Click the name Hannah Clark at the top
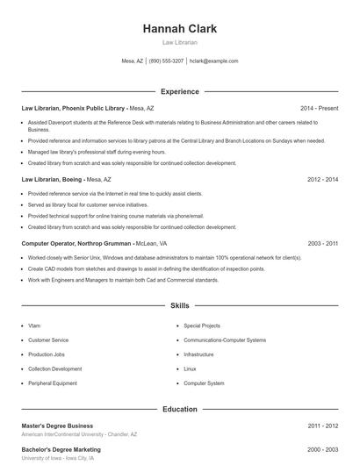click(179, 29)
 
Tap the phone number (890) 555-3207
click(166, 61)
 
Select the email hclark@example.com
click(213, 61)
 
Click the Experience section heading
click(179, 91)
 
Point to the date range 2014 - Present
click(319, 108)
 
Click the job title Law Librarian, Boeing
click(54, 179)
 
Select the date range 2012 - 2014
click(323, 179)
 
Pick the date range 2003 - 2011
click(323, 243)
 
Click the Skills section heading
click(179, 306)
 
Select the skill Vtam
click(35, 325)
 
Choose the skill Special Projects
click(202, 325)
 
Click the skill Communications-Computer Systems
click(225, 340)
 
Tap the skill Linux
click(190, 368)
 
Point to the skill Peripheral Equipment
click(54, 383)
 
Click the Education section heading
click(179, 409)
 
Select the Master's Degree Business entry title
click(57, 426)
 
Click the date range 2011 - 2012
click(323, 426)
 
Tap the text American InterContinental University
click(63, 435)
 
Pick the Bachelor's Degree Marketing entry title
click(61, 448)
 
